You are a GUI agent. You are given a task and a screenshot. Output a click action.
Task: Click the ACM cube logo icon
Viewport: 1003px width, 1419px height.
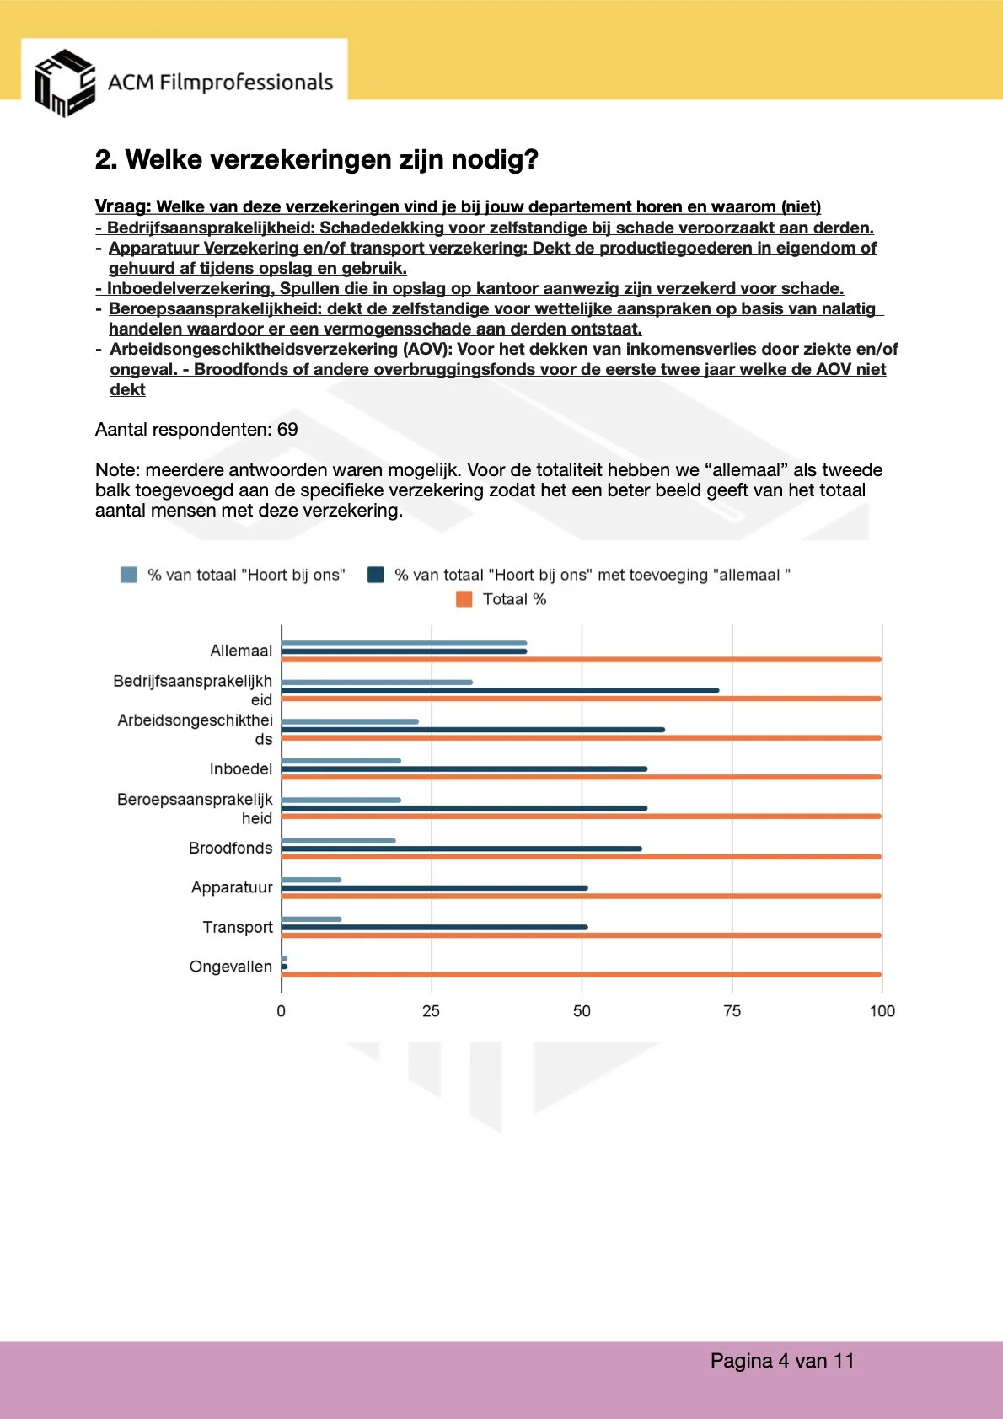(64, 83)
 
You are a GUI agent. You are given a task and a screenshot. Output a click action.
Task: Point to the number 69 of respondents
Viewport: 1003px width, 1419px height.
(287, 430)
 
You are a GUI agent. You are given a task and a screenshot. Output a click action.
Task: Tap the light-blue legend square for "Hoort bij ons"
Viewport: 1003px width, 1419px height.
(129, 575)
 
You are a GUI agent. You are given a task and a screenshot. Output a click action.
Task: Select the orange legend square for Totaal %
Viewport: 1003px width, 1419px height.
(464, 599)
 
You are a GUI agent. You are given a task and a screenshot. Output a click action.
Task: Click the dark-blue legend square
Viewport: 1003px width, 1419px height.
(376, 575)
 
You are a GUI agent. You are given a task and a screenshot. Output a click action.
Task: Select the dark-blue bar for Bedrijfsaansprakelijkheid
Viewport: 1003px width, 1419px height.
(500, 690)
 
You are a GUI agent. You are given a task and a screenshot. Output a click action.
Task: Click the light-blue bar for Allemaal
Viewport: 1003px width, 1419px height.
(404, 643)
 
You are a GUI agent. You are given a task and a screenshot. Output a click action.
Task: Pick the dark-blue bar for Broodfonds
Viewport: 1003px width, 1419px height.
(461, 849)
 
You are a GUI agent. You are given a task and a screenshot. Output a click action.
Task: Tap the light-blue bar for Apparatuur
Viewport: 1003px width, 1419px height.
(311, 880)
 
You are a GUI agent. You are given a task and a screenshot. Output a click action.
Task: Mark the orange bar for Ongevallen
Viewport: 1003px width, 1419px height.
(582, 975)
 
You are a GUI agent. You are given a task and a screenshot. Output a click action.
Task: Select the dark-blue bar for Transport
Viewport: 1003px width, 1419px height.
(434, 927)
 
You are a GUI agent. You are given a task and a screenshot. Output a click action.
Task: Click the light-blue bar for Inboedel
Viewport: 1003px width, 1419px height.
(341, 761)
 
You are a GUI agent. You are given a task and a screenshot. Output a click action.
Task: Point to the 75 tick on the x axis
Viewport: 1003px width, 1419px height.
(732, 1011)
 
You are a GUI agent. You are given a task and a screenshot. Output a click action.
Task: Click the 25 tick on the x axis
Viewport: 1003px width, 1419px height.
(431, 1011)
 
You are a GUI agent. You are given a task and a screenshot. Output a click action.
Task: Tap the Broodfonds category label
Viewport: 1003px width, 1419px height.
(230, 849)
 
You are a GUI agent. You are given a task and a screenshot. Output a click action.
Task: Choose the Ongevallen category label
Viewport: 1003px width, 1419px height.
(230, 967)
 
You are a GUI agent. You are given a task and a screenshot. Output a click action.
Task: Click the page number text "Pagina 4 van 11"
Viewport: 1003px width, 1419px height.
(781, 1361)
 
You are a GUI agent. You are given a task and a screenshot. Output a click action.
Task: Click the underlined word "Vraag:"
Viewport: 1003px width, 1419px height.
(122, 207)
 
